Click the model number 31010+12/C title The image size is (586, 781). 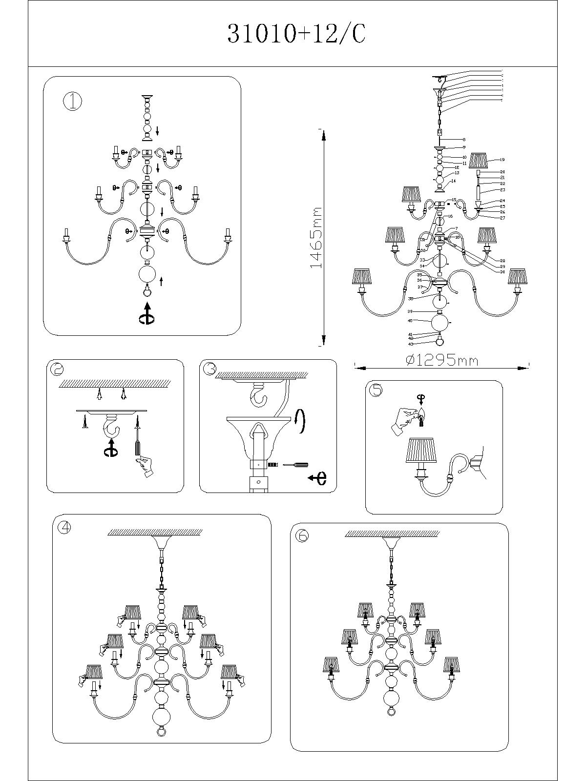[x=296, y=34]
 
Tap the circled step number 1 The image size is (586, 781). [x=73, y=102]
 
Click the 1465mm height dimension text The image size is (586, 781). [x=317, y=238]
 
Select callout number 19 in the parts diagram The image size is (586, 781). [x=502, y=160]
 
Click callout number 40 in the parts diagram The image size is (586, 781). [x=411, y=321]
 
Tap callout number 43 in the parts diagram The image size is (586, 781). [x=411, y=344]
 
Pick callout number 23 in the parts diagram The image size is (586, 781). [x=502, y=190]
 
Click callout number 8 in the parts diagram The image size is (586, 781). [x=464, y=140]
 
